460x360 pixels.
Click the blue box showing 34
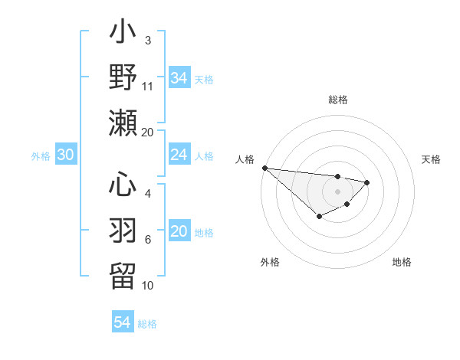coord(179,77)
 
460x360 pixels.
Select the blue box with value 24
coord(179,155)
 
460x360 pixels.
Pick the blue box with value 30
coord(65,155)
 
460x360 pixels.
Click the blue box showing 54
coord(122,322)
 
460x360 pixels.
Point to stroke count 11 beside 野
coord(148,86)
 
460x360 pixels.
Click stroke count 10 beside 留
coord(148,285)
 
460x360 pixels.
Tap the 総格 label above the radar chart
coord(337,100)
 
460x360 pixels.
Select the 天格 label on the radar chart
coord(431,159)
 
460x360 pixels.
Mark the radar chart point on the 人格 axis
coord(264,168)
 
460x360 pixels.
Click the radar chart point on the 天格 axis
coord(367,182)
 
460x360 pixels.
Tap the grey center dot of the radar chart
coord(337,191)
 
